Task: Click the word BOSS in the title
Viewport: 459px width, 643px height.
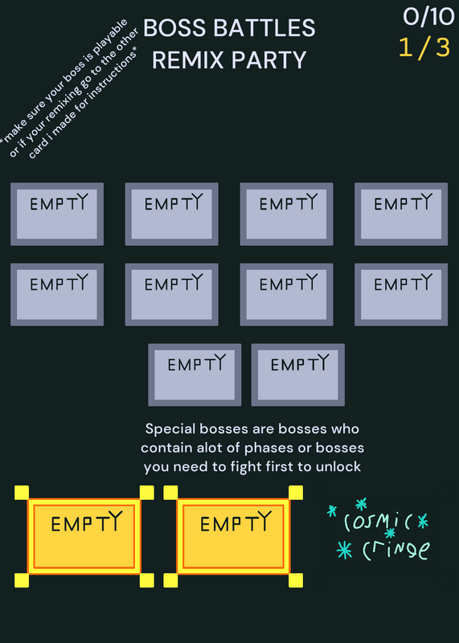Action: click(175, 28)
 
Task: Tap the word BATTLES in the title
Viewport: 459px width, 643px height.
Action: click(264, 28)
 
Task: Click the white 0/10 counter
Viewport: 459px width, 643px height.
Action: click(428, 17)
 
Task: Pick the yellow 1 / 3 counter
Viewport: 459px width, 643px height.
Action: click(424, 47)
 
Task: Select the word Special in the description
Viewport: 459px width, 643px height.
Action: click(170, 429)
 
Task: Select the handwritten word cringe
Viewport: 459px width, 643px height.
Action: click(396, 550)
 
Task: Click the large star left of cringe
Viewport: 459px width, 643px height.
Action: click(345, 550)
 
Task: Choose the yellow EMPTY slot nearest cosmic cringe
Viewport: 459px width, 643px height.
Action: click(233, 536)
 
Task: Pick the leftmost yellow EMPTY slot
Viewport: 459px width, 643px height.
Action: click(84, 536)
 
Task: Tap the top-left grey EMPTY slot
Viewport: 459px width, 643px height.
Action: click(57, 214)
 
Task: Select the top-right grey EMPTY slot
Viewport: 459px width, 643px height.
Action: click(401, 214)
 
